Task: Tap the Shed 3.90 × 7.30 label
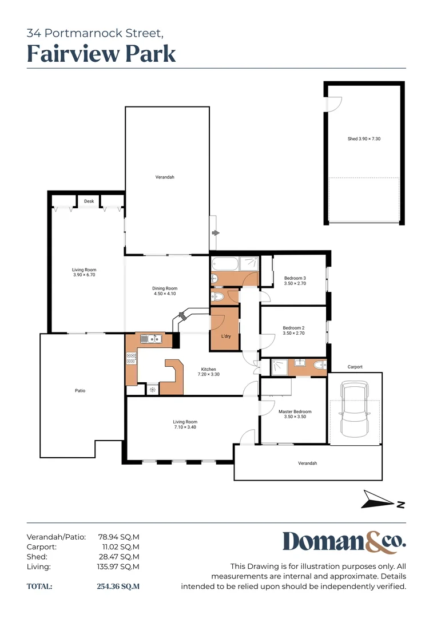tap(364, 139)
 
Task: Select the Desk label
tap(89, 201)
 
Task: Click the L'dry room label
tap(225, 336)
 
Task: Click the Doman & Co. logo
tap(344, 542)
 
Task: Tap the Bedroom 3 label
tap(295, 281)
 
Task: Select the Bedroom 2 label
tap(294, 330)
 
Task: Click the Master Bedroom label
tap(295, 414)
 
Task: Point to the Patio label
tap(80, 391)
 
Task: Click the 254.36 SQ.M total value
tap(118, 587)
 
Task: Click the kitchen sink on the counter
tap(152, 339)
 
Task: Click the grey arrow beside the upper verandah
tap(215, 233)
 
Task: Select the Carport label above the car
tap(355, 367)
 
